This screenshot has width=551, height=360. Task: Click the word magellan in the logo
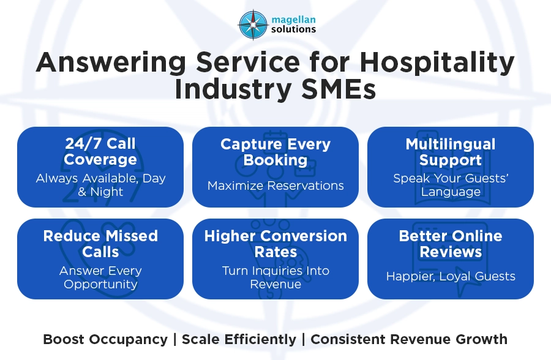(293, 18)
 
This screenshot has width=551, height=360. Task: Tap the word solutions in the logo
(293, 29)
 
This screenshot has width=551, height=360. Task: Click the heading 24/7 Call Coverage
(100, 152)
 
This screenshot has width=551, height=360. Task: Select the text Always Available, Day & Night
(100, 185)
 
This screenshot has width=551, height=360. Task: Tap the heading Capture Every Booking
(275, 152)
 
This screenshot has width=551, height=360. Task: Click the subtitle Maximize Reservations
(275, 185)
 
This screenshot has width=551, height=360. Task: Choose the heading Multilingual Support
(451, 152)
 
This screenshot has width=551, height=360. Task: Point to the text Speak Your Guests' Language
(451, 185)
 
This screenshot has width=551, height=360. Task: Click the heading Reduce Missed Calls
(100, 244)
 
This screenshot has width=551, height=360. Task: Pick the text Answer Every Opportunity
(100, 277)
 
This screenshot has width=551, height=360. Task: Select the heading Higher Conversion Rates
(275, 244)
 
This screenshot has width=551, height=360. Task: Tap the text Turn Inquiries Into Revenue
(275, 277)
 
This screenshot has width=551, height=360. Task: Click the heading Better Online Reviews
(451, 244)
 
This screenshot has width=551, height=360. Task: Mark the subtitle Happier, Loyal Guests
(451, 276)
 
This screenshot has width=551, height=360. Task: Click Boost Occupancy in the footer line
(105, 339)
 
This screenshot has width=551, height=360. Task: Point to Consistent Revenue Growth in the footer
(409, 339)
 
